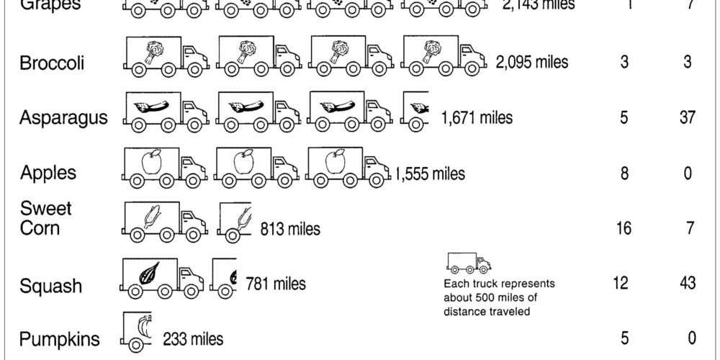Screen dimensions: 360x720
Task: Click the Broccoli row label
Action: [53, 63]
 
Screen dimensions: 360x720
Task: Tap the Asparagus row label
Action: [63, 117]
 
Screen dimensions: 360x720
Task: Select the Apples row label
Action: [48, 173]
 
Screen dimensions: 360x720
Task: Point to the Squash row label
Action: [51, 287]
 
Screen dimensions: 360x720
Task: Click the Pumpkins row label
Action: [59, 339]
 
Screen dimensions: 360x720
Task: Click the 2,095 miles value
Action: [531, 62]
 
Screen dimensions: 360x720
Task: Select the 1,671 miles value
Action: [477, 117]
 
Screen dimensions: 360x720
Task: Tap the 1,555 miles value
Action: [430, 173]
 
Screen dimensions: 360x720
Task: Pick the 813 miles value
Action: [290, 229]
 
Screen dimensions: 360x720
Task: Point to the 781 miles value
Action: [276, 284]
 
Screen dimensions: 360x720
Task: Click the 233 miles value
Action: [193, 338]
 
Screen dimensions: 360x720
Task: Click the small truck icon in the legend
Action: [468, 263]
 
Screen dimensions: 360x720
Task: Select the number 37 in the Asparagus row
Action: [687, 117]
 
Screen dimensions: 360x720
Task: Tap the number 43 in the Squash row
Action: [687, 283]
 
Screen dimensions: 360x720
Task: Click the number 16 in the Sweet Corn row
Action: [624, 228]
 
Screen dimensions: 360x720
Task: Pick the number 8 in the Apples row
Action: [624, 173]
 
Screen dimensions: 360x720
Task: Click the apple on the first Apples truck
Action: [150, 163]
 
